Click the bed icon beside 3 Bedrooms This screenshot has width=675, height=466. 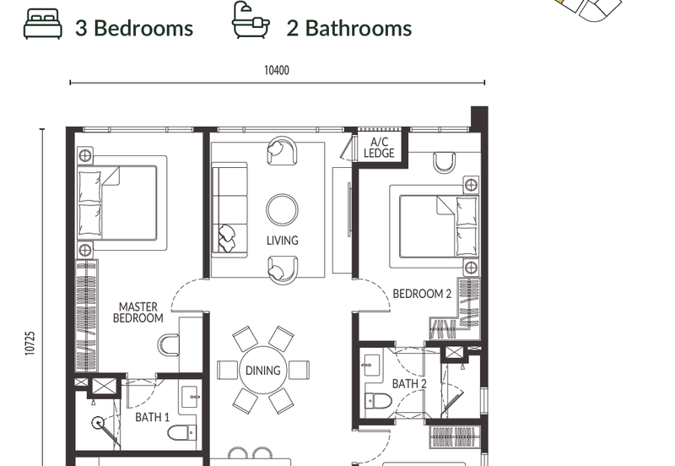point(43,24)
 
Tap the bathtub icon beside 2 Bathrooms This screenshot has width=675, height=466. point(251,19)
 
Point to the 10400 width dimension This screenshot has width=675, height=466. point(277,70)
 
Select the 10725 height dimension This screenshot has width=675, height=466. point(30,343)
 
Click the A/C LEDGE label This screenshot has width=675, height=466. point(379,147)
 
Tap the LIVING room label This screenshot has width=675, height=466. point(283,241)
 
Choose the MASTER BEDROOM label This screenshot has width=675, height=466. point(138,312)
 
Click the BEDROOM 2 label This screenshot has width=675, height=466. point(422,294)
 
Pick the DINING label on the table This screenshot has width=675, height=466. point(262,371)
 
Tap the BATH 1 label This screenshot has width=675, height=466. point(153,417)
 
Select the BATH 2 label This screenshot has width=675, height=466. point(409,383)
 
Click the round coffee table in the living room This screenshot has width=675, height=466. point(282,209)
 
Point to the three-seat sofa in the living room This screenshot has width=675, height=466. point(229,210)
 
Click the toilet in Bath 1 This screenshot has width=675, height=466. point(182,432)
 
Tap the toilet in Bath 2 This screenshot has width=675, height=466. point(378,401)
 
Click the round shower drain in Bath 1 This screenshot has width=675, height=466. point(98,423)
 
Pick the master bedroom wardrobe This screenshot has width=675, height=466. point(87,316)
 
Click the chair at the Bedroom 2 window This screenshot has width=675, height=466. point(445,163)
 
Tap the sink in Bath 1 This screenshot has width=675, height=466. point(190,397)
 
